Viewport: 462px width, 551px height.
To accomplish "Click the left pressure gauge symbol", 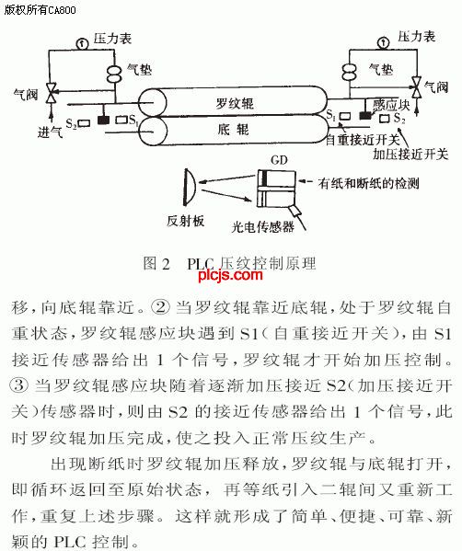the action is (x=82, y=43).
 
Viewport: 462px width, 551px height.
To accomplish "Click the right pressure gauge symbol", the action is (x=383, y=43).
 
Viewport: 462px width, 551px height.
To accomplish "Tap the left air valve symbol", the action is (x=52, y=93).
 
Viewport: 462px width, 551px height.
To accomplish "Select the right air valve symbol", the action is (x=417, y=86).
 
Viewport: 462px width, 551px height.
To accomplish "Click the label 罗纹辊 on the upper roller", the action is (x=234, y=103).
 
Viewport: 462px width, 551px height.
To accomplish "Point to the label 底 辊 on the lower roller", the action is (x=233, y=130).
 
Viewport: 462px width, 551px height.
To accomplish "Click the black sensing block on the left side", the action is (x=103, y=121).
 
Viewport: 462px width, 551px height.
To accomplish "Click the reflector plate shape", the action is (x=189, y=187).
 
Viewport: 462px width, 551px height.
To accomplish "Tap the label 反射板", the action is (x=185, y=221).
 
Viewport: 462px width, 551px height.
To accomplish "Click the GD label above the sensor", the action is (x=279, y=160).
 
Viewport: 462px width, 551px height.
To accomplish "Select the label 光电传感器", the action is (x=263, y=226).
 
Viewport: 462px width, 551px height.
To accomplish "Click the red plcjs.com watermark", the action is (x=230, y=274).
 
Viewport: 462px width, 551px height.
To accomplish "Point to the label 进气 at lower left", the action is (x=51, y=132).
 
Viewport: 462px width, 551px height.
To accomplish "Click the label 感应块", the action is (x=391, y=105).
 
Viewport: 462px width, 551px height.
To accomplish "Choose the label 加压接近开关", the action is (x=410, y=154).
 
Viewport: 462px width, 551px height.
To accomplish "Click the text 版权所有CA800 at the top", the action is (x=40, y=9).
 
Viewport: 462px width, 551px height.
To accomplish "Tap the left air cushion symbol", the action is (x=114, y=74).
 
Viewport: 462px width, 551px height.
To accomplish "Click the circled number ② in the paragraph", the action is (x=160, y=306).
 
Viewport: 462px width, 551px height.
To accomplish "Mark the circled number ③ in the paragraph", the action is (x=19, y=385).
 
